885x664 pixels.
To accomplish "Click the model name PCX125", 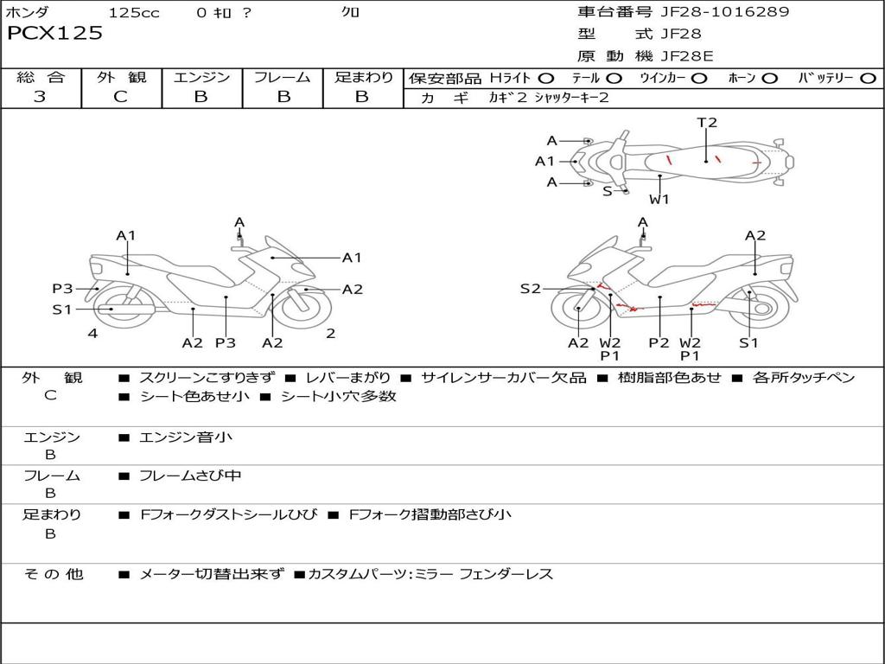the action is tap(54, 34).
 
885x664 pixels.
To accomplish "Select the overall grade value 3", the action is tap(40, 97).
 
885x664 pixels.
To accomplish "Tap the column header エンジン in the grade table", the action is tap(201, 78).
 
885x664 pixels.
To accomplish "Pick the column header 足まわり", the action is tap(363, 78).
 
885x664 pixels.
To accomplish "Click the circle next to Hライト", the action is tap(546, 79).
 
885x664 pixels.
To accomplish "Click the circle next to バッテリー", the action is tap(868, 79).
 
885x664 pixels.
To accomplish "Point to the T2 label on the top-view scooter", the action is tap(707, 123).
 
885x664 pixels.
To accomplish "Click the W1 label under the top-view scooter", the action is tap(659, 199).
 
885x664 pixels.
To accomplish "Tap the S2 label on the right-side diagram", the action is tap(530, 289).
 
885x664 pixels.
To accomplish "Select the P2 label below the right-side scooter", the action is tap(659, 342).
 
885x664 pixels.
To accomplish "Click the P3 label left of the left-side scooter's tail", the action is tap(62, 289).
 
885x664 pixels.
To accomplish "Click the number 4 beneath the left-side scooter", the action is tap(92, 333).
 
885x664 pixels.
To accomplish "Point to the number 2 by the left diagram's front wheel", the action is tap(330, 333).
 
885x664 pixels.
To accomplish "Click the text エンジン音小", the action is tap(186, 437).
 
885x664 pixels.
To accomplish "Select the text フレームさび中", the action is tap(190, 476).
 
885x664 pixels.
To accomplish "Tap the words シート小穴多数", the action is tap(339, 396).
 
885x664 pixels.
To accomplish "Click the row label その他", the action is tap(54, 574).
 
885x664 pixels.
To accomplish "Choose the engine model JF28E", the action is tap(687, 56).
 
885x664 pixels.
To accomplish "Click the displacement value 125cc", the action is tap(134, 12).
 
